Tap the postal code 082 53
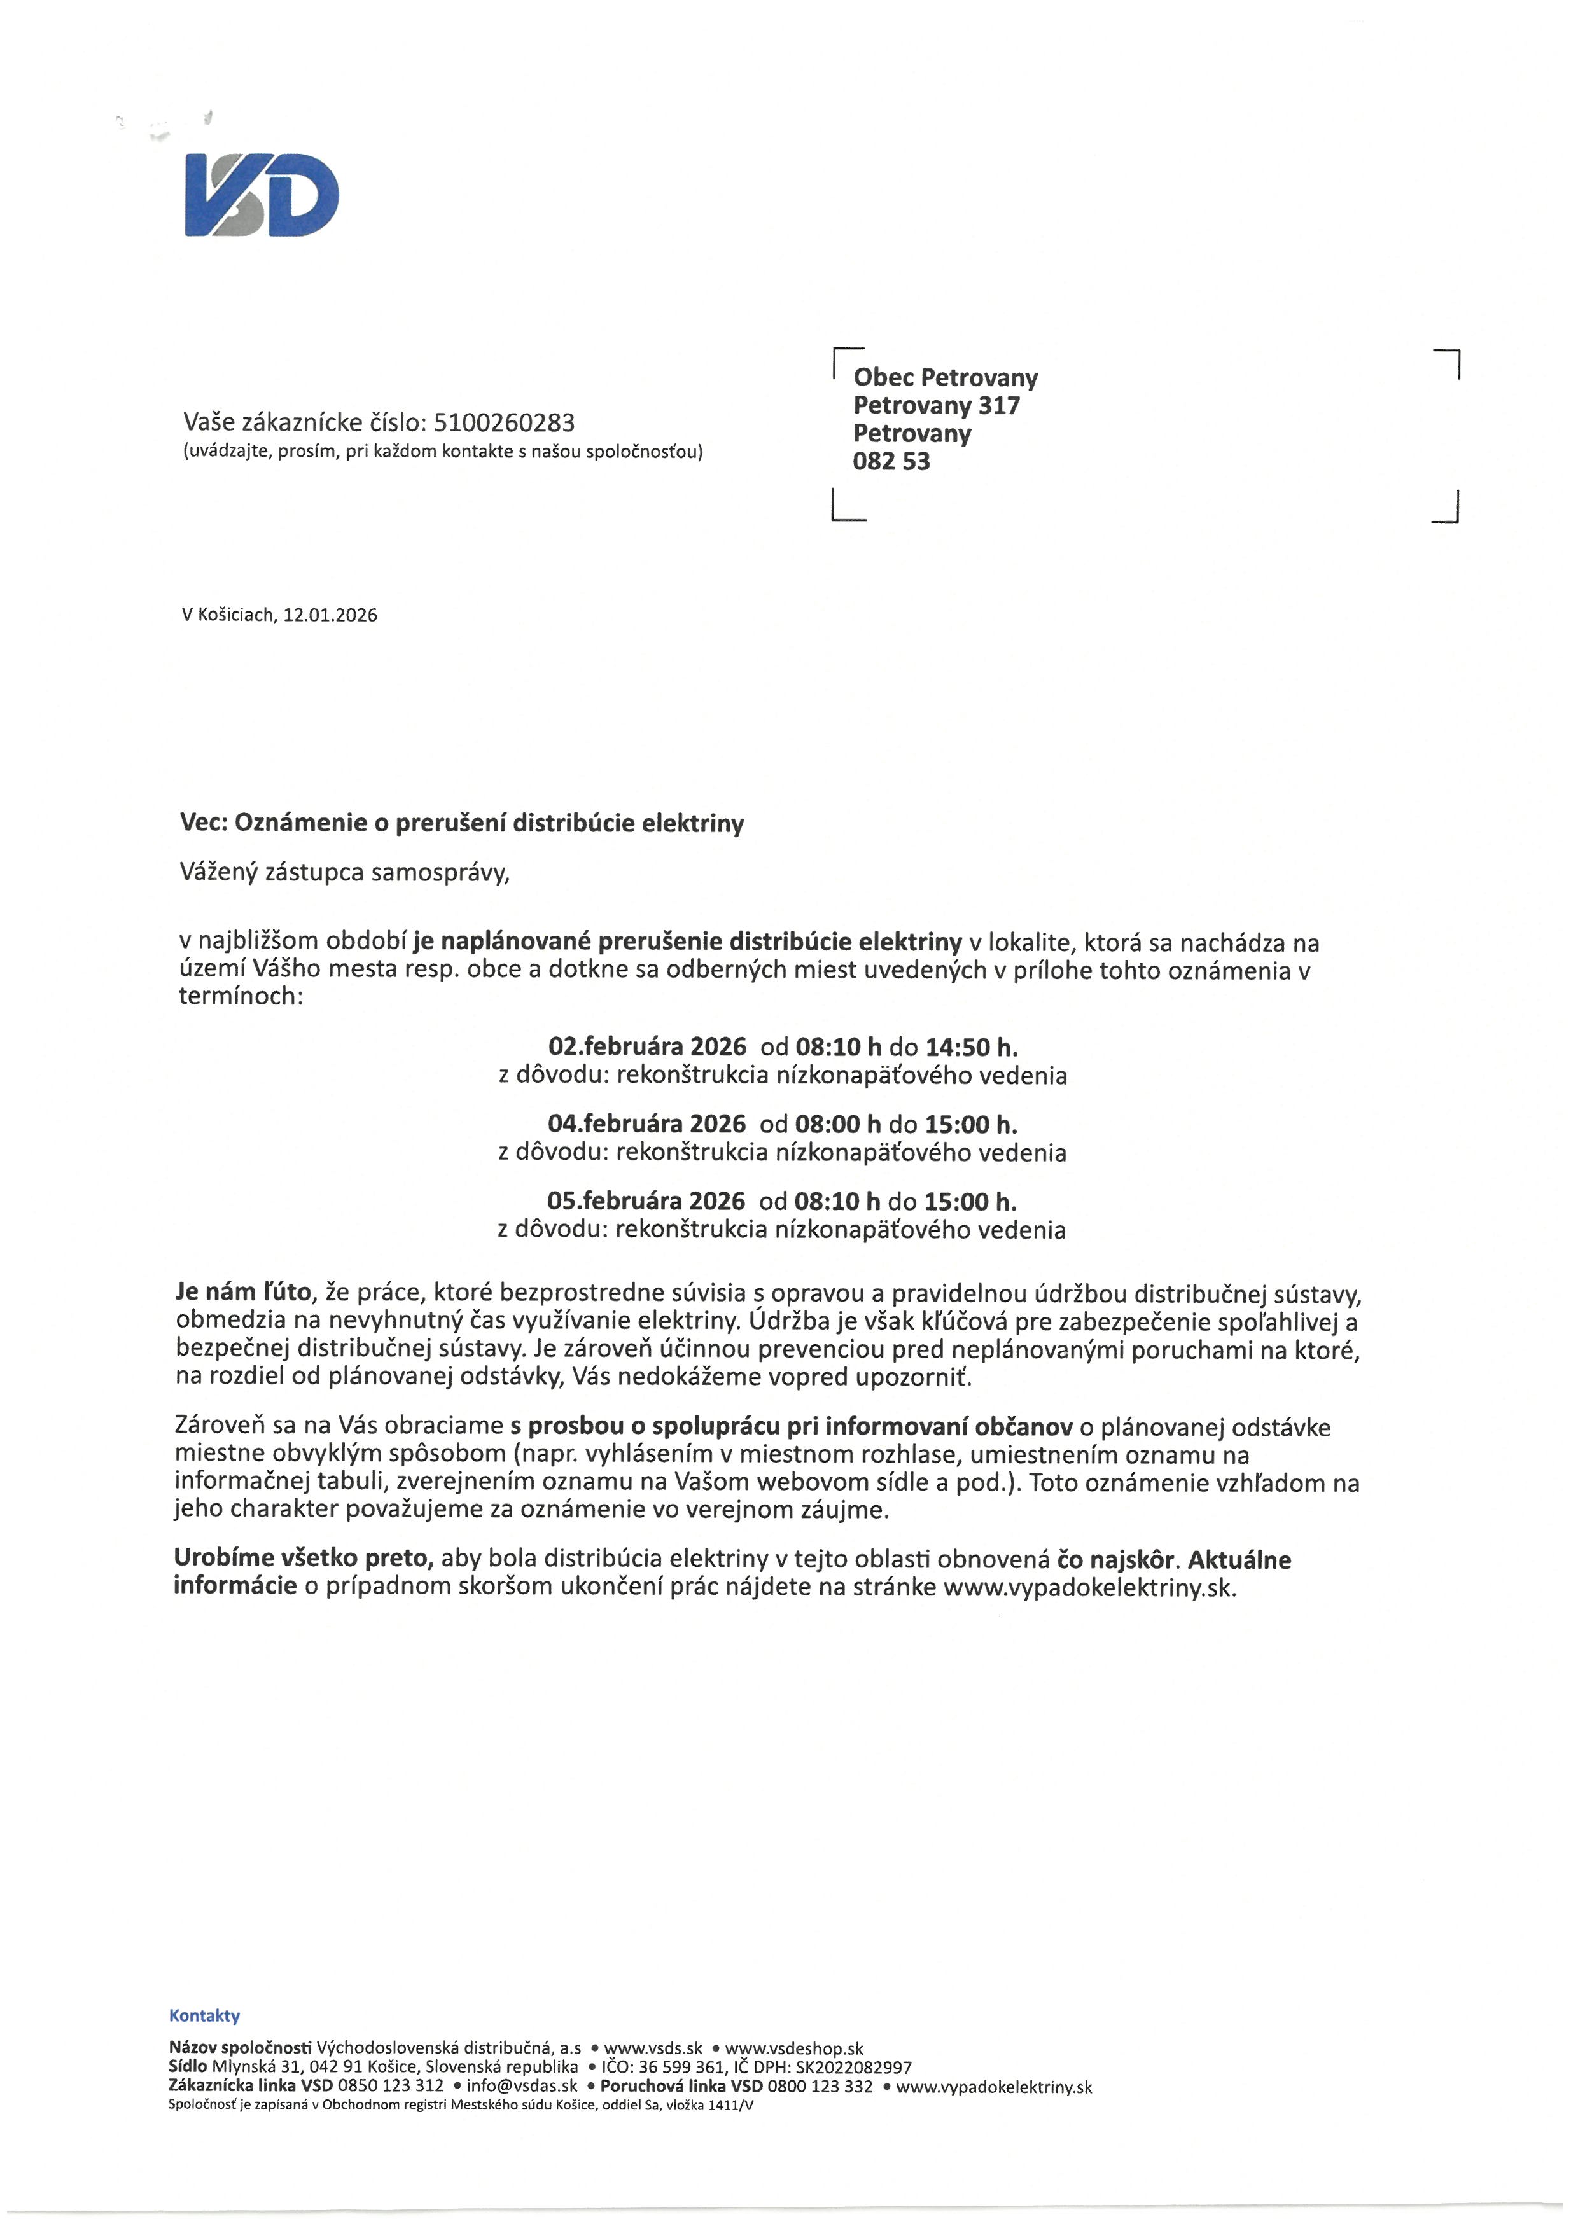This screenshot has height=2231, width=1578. click(x=891, y=462)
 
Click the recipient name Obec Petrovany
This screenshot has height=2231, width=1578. click(x=944, y=377)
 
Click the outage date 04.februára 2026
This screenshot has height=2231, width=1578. click(x=646, y=1124)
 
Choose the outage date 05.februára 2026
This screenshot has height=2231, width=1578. click(x=646, y=1201)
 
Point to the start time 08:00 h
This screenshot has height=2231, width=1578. click(x=837, y=1124)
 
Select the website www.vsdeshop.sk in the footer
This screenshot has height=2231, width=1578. click(x=794, y=2048)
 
